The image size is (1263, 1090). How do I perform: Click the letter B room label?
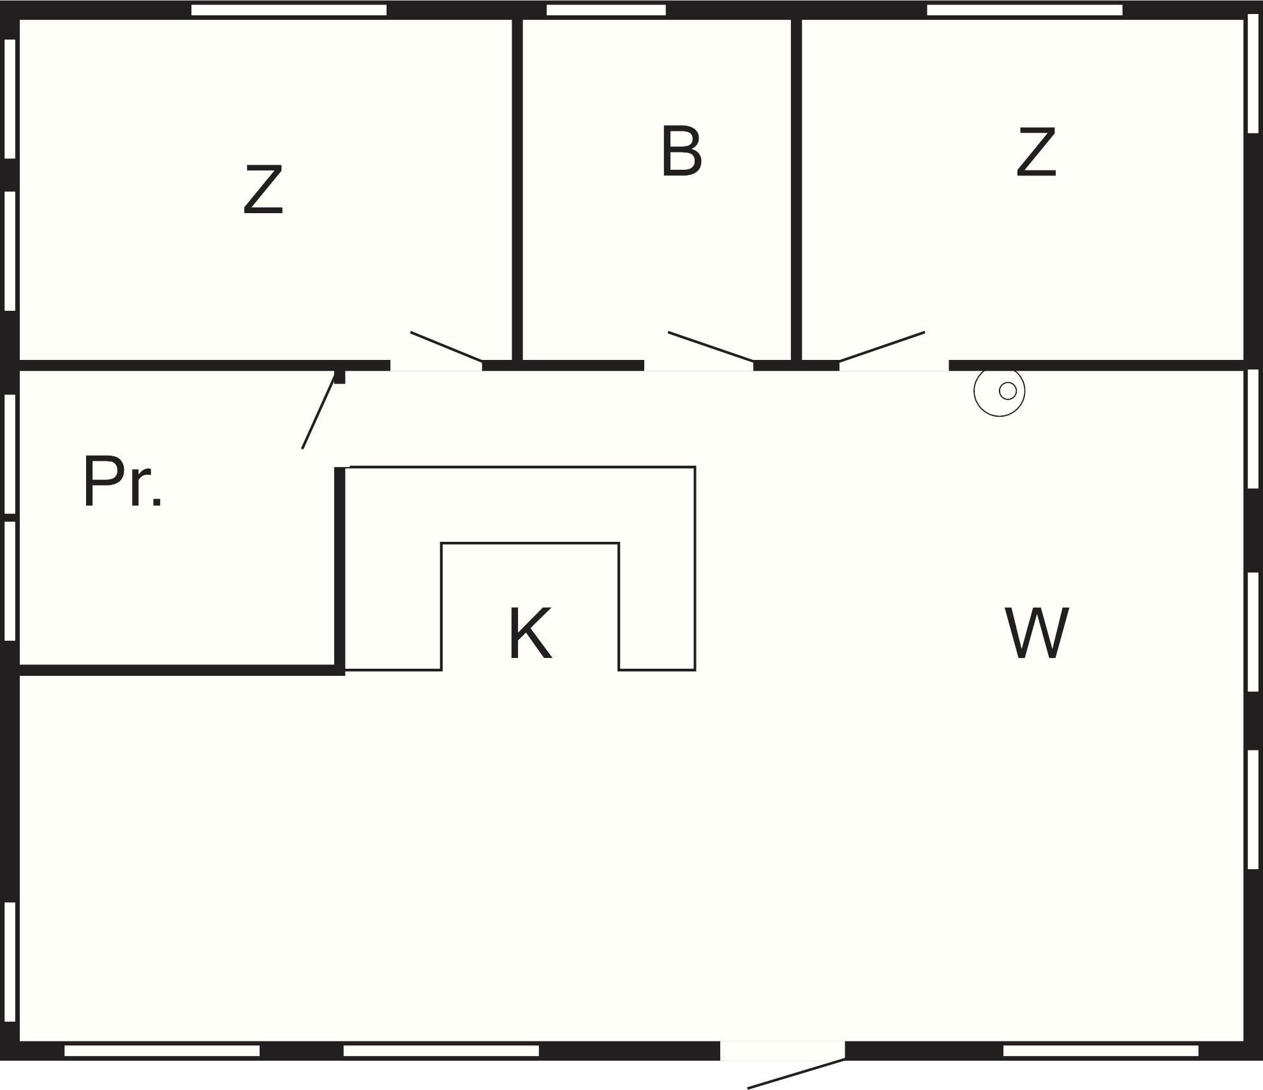coord(681,152)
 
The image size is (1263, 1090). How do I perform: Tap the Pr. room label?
coord(122,482)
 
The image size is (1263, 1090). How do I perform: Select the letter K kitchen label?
coord(530,634)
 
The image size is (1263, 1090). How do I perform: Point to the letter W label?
coord(1037,633)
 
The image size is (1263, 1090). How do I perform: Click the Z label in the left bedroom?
coord(263,190)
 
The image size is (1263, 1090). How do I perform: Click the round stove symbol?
coord(1000,391)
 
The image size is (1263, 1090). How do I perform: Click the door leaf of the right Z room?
coord(882,347)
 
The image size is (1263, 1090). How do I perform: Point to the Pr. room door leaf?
coord(318,412)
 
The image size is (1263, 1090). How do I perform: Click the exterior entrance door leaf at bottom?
coord(796,1074)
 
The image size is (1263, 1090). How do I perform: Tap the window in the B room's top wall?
coord(606,10)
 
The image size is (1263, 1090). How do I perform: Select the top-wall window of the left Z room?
coord(288,10)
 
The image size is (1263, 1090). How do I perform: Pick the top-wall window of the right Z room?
coord(1024,10)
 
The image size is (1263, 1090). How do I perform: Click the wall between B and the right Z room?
coord(796,191)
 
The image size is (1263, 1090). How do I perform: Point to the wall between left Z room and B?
coord(517,191)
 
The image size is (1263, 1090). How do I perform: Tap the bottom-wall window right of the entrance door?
coord(1100,1051)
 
